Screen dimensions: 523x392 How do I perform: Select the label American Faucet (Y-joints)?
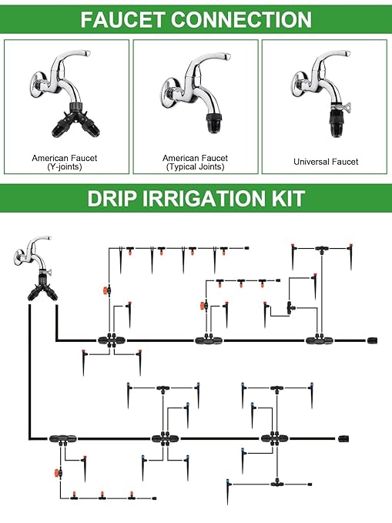(x=65, y=163)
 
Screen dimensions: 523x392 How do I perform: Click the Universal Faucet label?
(x=325, y=162)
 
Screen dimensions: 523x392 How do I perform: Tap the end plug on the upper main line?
(x=372, y=340)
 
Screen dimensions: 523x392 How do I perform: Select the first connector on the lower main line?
(x=61, y=439)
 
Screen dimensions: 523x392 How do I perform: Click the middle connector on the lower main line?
(x=162, y=439)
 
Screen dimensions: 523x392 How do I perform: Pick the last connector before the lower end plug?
(x=270, y=439)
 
